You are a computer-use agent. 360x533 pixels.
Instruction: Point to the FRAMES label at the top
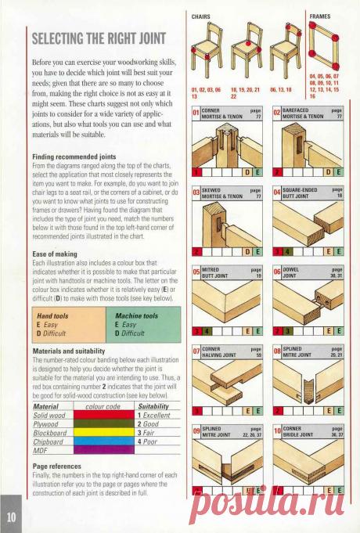coord(319,16)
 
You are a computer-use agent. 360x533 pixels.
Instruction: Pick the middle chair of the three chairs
coord(245,50)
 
